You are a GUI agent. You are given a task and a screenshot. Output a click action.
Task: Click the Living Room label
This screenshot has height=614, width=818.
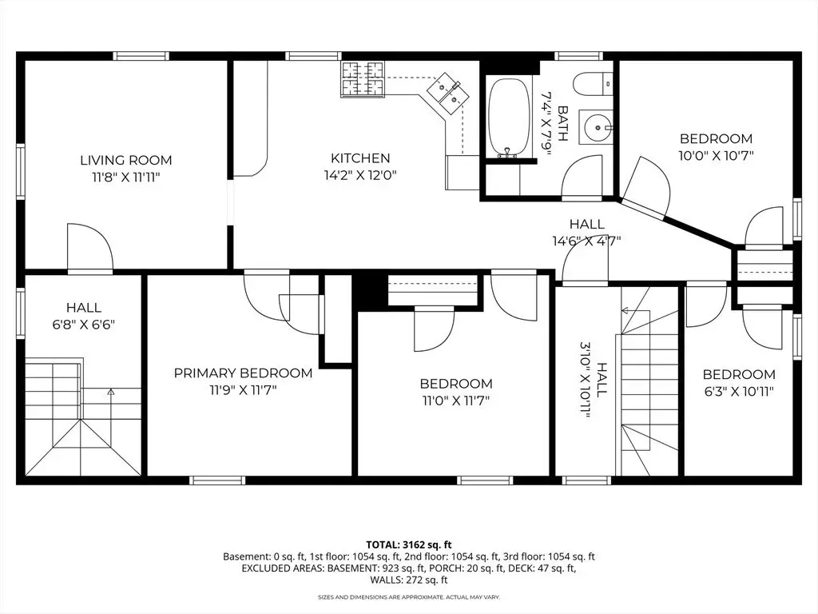click(125, 160)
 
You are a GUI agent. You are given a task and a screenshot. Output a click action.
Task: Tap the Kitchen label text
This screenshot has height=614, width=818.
click(360, 157)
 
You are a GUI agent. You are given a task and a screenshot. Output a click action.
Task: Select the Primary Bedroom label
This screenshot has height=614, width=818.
click(243, 373)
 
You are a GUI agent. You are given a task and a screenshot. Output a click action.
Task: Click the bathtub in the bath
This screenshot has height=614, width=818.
click(509, 118)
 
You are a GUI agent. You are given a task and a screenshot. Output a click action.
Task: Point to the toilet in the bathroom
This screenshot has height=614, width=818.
click(593, 84)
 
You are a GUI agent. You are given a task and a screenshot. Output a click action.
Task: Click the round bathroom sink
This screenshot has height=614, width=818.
click(595, 126)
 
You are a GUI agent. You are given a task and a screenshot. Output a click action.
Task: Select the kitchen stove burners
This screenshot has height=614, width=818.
click(362, 78)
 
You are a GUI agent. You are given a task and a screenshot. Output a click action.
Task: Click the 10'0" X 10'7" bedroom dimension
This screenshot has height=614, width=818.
click(717, 155)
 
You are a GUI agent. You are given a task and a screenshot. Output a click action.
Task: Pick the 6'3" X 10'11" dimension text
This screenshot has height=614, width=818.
click(739, 391)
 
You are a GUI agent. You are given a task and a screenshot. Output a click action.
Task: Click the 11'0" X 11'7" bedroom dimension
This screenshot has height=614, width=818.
click(456, 401)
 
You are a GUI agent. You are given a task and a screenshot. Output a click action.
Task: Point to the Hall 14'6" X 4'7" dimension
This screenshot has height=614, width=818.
click(586, 241)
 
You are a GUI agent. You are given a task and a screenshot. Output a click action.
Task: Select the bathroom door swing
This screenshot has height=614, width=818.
click(584, 177)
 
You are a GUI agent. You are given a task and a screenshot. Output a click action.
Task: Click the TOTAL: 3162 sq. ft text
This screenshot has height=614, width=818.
click(409, 545)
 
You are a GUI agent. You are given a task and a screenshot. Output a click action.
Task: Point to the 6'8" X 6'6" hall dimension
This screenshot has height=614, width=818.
click(83, 325)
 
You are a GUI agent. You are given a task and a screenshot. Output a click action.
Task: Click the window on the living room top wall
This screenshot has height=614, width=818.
click(141, 56)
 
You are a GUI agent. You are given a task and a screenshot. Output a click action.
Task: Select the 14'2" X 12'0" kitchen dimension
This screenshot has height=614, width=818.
click(360, 175)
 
